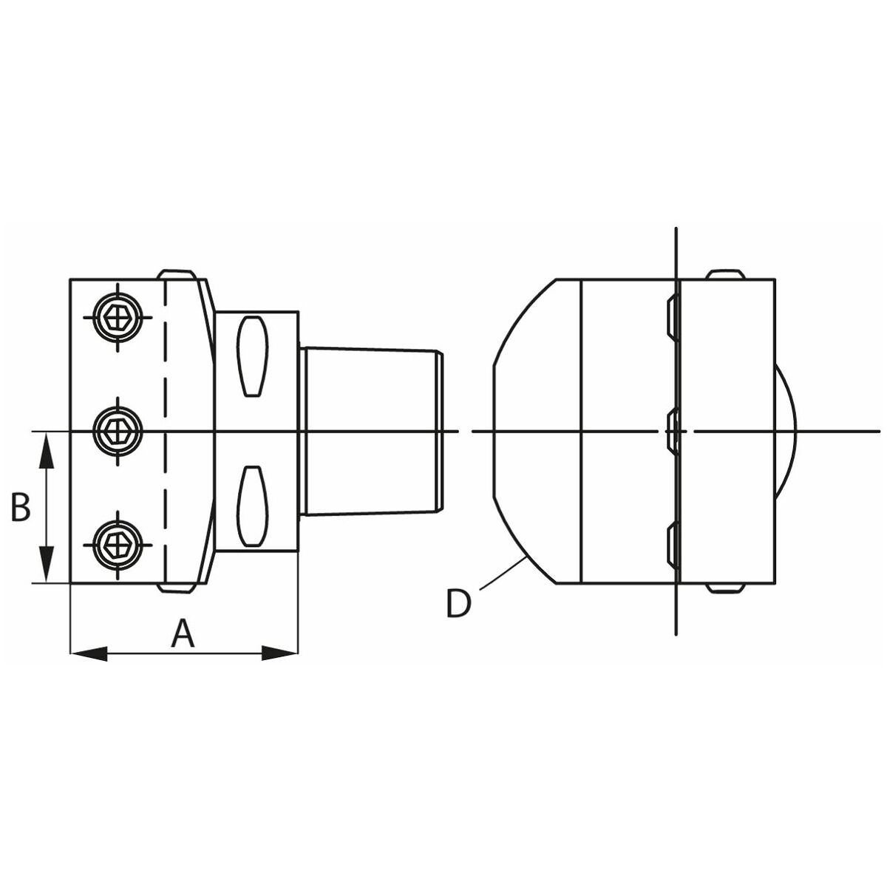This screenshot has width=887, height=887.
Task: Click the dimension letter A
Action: pyautogui.click(x=183, y=633)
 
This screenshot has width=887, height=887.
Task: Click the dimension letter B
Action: pyautogui.click(x=21, y=506)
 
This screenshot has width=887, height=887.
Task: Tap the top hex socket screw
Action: pyautogui.click(x=118, y=317)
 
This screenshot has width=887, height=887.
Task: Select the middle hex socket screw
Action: pyautogui.click(x=118, y=431)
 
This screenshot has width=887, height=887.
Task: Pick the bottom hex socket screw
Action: pyautogui.click(x=118, y=545)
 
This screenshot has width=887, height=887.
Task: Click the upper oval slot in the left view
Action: pyautogui.click(x=252, y=356)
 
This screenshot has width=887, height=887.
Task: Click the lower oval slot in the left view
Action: pyautogui.click(x=252, y=506)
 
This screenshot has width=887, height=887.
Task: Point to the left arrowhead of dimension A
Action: pyautogui.click(x=89, y=653)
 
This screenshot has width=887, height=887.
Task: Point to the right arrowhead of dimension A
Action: pyautogui.click(x=280, y=653)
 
